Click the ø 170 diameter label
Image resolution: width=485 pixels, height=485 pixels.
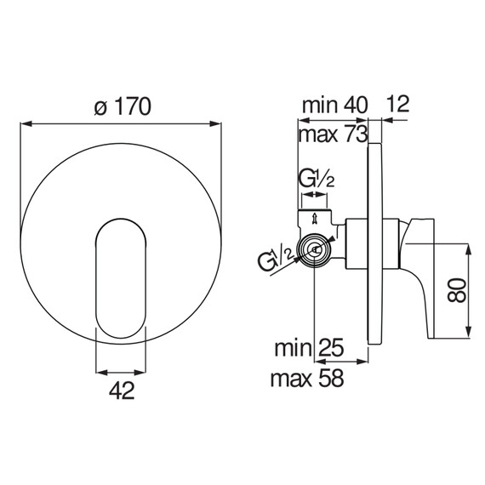[x=123, y=106]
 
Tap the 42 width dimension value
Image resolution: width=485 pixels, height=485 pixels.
[x=122, y=390]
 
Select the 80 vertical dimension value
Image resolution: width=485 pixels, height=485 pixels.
[x=457, y=290]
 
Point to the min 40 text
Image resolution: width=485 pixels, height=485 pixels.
[x=335, y=105]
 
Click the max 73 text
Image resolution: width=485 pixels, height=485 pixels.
[x=334, y=134]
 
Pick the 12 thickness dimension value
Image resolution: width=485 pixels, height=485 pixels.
[x=397, y=104]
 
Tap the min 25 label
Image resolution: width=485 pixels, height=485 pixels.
[x=309, y=348]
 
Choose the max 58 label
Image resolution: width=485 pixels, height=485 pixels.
[x=307, y=378]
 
